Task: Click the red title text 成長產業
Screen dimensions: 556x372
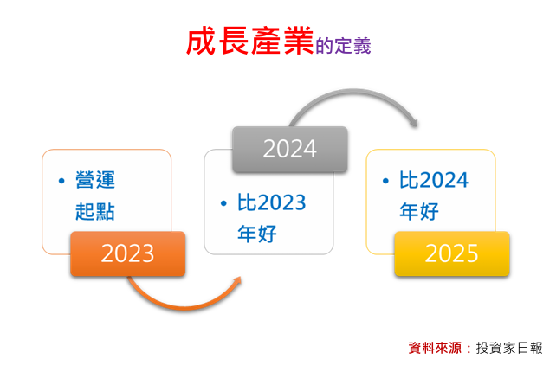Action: coord(250,42)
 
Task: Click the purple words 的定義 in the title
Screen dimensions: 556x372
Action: coord(343,46)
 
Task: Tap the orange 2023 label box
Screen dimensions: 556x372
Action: coord(127,253)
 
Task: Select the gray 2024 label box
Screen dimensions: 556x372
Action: coord(290,149)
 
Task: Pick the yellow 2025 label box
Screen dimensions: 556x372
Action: coord(452,253)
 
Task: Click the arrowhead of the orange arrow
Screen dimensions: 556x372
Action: coord(237,281)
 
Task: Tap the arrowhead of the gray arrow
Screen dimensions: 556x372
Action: coord(413,122)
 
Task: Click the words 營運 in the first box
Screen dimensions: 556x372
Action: coord(95,180)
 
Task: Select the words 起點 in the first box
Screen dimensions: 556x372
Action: coord(95,211)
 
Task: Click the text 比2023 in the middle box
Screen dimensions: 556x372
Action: coord(271,202)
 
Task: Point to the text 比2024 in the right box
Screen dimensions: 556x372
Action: coord(434,180)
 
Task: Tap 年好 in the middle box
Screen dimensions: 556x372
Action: coord(257,234)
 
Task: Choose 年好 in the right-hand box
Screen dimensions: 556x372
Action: coord(419,211)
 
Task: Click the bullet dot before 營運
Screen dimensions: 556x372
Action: coord(61,181)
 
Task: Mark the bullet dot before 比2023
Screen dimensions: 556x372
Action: coord(223,203)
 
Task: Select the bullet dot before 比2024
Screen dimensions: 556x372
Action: coord(385,181)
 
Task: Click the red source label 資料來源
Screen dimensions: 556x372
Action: coord(435,348)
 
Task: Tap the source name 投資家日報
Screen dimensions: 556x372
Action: coord(509,348)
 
